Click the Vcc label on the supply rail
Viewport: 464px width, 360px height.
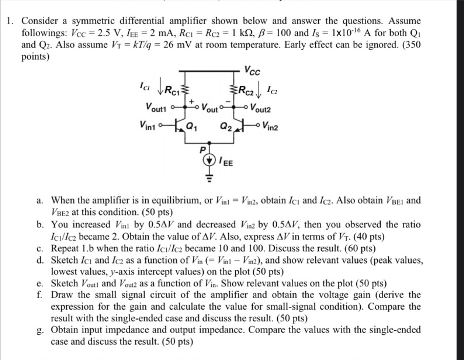click(x=252, y=70)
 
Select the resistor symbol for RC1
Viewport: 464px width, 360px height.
click(x=186, y=90)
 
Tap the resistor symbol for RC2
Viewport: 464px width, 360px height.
click(x=233, y=90)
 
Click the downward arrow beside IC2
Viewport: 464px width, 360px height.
click(x=258, y=91)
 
